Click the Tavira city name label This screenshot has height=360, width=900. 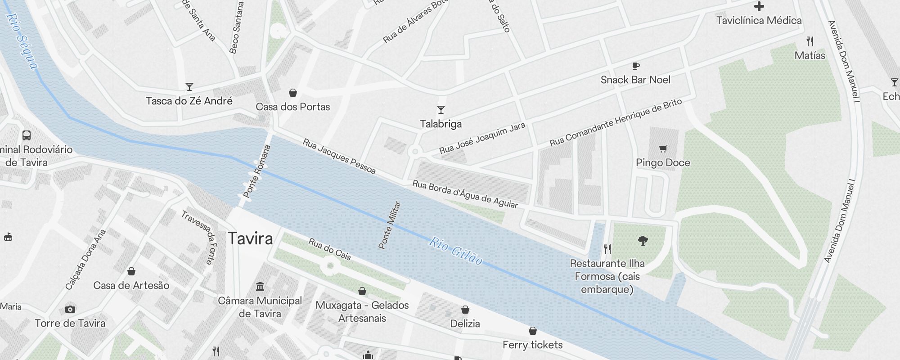click(250, 238)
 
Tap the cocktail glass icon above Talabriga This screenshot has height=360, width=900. click(441, 110)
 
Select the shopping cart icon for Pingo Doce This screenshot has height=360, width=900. click(663, 148)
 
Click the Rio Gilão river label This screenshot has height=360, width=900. click(455, 251)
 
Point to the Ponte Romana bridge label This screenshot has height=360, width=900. click(257, 171)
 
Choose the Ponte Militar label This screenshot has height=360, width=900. click(390, 225)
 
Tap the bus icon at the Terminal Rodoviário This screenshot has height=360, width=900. click(27, 135)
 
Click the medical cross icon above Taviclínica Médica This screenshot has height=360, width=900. click(759, 6)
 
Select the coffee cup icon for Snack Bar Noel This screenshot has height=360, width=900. click(635, 66)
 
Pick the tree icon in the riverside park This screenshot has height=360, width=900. click(643, 241)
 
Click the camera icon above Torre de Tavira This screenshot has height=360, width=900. click(70, 309)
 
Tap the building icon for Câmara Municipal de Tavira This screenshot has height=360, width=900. click(260, 287)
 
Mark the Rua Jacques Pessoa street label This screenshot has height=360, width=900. click(339, 156)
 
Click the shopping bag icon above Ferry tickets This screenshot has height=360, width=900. click(533, 331)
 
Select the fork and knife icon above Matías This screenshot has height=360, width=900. click(810, 42)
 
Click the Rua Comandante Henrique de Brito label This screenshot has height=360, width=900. click(616, 122)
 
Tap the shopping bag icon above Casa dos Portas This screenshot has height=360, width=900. click(293, 93)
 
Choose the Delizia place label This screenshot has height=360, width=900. click(465, 324)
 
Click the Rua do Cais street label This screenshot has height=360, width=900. click(329, 249)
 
